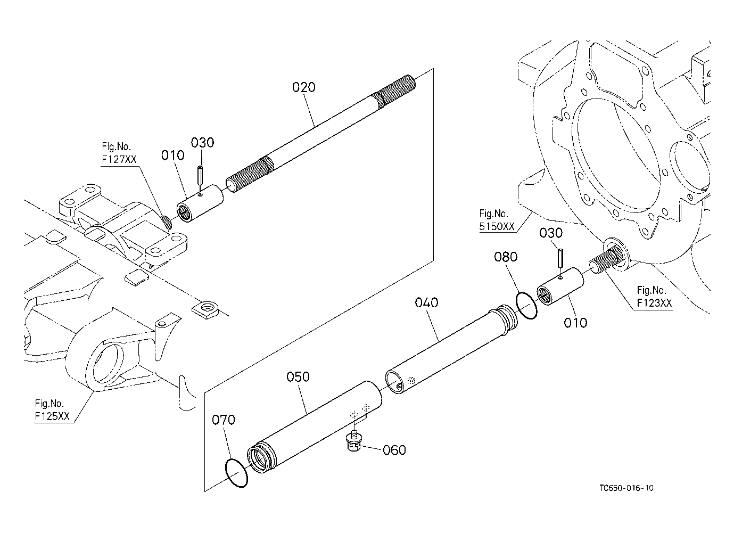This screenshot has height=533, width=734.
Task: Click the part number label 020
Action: click(303, 87)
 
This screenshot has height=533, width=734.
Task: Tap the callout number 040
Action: click(426, 302)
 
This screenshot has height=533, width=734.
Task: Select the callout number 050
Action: click(298, 376)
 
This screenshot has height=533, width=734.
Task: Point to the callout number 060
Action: click(394, 450)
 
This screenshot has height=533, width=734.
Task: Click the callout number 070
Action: click(224, 420)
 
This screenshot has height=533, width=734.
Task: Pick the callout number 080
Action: click(506, 257)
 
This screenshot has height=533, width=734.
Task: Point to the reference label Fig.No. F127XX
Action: click(119, 153)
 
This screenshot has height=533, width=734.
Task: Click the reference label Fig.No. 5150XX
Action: click(497, 220)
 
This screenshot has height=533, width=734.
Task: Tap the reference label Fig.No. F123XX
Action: click(654, 297)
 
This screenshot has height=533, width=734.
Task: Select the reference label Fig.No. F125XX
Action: click(52, 410)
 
